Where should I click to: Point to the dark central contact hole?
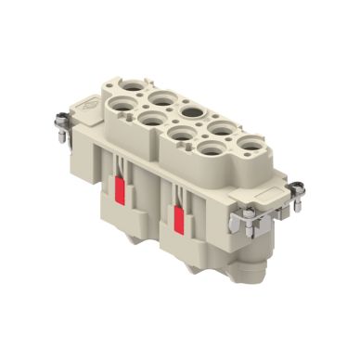tap(192, 112)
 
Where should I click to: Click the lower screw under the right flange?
tap(249, 216)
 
